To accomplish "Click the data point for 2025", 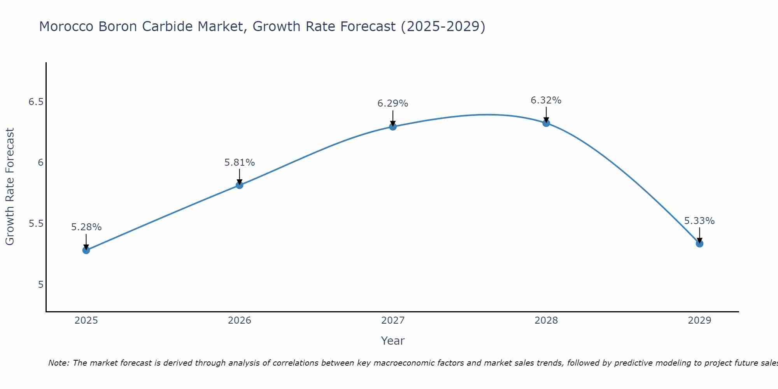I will pos(86,250).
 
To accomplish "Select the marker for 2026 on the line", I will pos(240,185).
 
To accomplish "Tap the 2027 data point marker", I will pos(393,126).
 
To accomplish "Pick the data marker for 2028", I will pos(546,123).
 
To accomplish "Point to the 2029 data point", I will pos(699,244).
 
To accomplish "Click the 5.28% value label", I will pos(86,227).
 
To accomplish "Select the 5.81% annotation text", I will pos(240,163).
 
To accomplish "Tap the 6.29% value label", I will pos(393,103).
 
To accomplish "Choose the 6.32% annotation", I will pos(546,100).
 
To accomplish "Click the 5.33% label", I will pos(699,221).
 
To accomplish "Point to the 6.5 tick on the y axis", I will pos(36,102).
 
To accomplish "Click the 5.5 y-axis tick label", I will pos(36,224).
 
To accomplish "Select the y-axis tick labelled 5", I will pos(40,285).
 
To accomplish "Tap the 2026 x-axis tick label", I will pos(240,321).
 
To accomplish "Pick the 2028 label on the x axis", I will pos(546,321).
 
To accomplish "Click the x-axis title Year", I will pos(393,341).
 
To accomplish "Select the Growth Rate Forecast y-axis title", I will pos(10,187).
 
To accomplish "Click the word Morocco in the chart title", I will pos(67,27).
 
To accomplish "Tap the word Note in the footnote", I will pos(58,363).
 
